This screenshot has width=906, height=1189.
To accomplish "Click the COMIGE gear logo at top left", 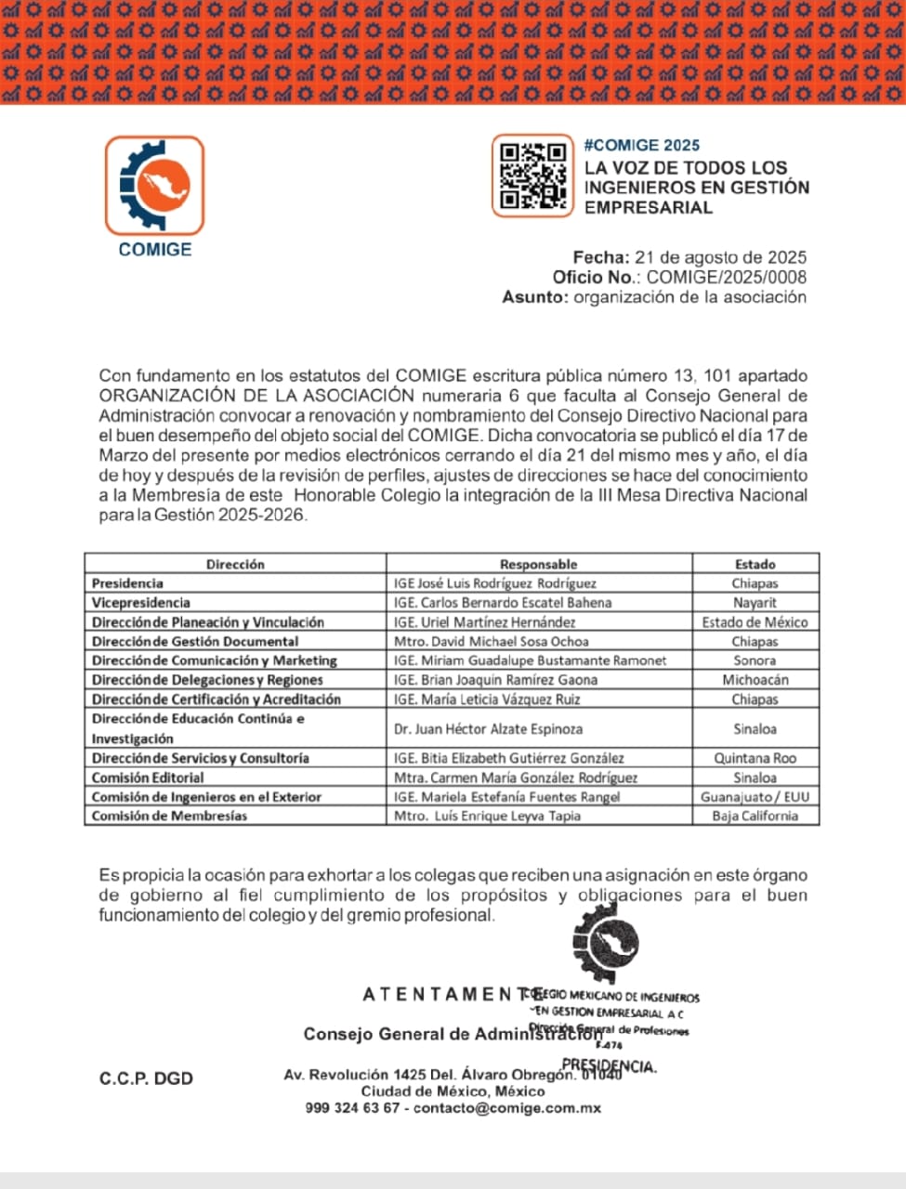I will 154,185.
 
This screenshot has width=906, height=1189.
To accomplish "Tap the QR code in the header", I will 532,175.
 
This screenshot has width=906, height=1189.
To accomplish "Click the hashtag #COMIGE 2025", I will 641,145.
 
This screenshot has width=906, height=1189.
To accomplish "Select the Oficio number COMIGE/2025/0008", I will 726,277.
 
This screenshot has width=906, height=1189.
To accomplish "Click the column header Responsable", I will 538,564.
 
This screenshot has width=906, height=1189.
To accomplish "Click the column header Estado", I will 755,564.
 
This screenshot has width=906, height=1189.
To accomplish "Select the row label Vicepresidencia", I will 140,603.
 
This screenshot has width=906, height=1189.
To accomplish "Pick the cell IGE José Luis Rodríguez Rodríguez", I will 494,583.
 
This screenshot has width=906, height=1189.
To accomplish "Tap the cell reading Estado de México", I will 755,622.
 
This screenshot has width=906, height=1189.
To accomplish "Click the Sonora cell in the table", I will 755,660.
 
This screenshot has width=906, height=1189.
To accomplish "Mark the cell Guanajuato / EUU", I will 755,797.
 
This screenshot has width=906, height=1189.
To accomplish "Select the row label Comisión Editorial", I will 148,777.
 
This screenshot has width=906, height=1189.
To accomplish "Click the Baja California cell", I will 755,816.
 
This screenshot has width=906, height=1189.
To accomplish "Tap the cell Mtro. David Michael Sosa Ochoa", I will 491,641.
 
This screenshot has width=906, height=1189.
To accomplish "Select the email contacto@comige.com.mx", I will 507,1108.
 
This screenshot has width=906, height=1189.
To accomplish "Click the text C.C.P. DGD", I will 146,1078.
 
